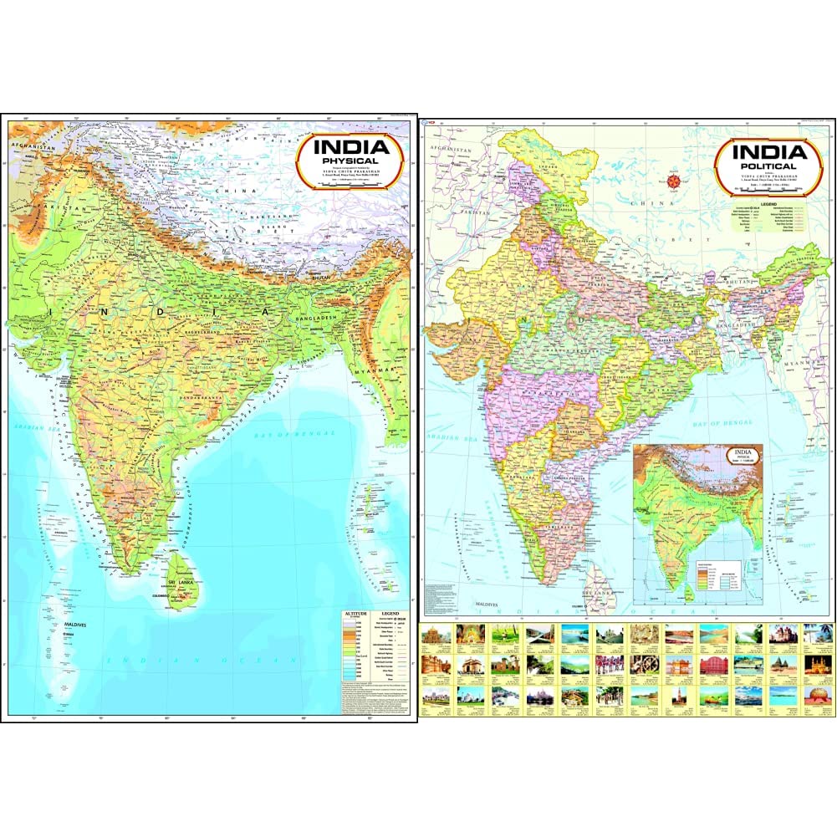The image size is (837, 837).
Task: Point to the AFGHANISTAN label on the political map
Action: [451, 148]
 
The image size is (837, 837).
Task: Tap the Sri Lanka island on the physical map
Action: [186, 577]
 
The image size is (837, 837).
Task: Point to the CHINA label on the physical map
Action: [227, 191]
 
